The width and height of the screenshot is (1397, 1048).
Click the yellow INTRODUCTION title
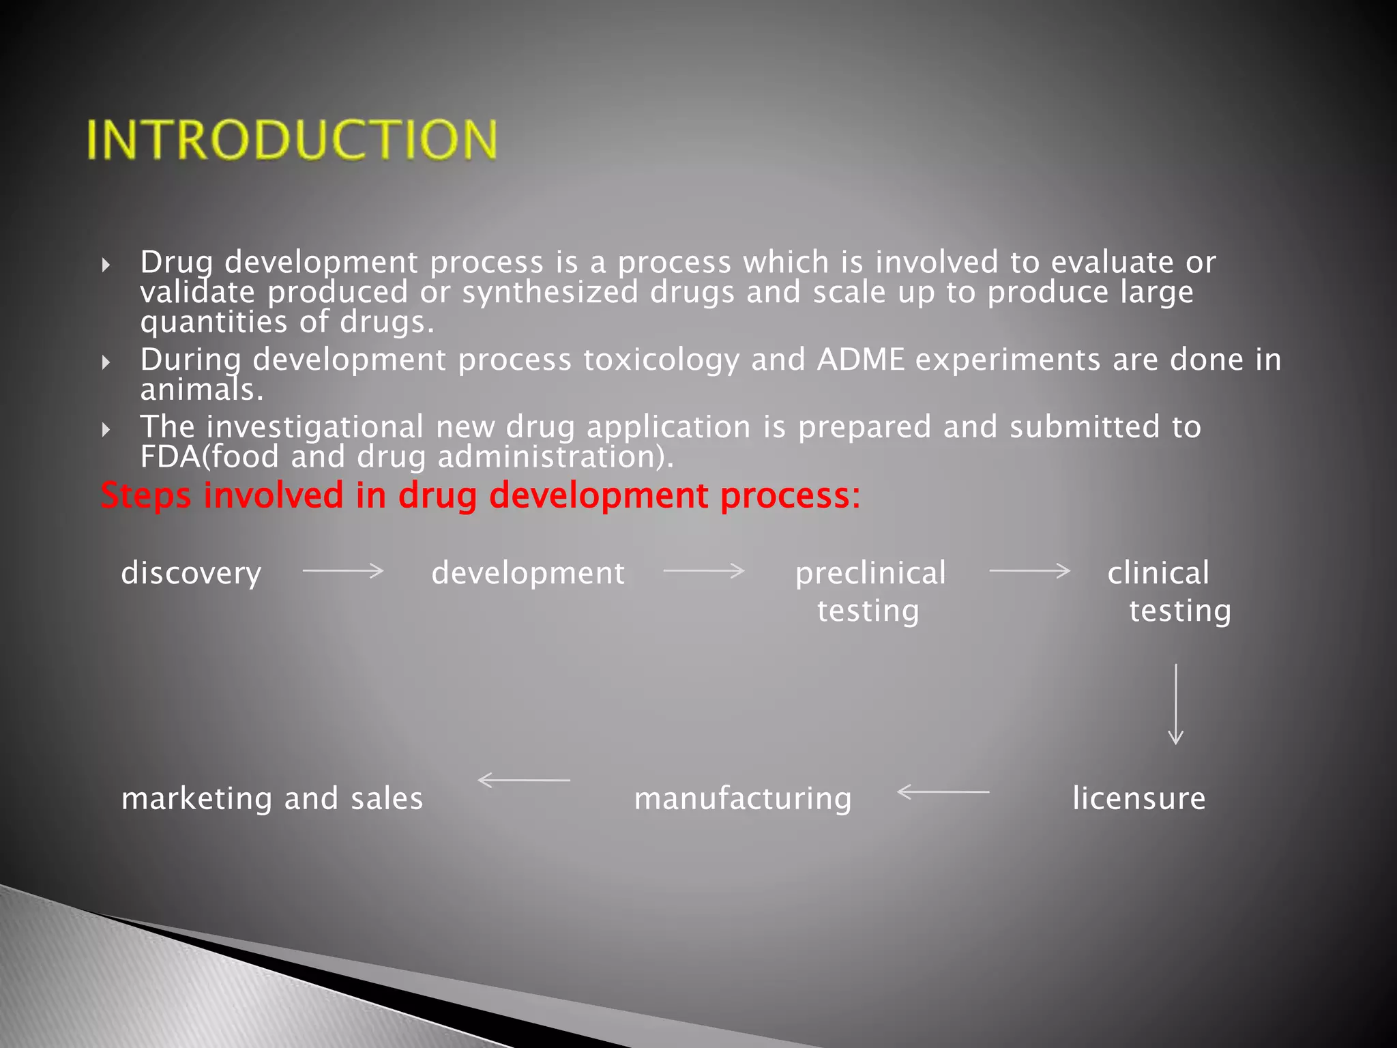tap(292, 140)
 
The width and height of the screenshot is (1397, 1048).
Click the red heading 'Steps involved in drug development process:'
tap(480, 495)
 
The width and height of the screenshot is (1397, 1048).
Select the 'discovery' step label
tap(191, 573)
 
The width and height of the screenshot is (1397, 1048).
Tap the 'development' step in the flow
tap(528, 573)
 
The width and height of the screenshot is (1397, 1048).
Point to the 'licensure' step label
tap(1138, 798)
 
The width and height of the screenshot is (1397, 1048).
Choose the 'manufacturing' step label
tap(743, 799)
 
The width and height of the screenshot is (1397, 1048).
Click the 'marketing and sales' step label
tap(272, 799)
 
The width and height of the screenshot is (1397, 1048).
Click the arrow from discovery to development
tap(343, 570)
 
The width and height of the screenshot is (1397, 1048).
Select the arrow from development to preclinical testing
tap(703, 570)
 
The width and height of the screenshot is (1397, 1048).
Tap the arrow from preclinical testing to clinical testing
tap(1029, 570)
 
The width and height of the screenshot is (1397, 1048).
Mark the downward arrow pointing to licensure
tap(1175, 703)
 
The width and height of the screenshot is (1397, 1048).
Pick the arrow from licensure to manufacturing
tap(943, 791)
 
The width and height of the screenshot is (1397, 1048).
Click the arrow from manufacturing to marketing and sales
tap(524, 780)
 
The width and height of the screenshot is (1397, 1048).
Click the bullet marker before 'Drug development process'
tap(106, 265)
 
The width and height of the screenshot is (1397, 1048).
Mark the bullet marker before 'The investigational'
tap(106, 429)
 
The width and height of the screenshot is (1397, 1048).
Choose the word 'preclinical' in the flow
tap(870, 573)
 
